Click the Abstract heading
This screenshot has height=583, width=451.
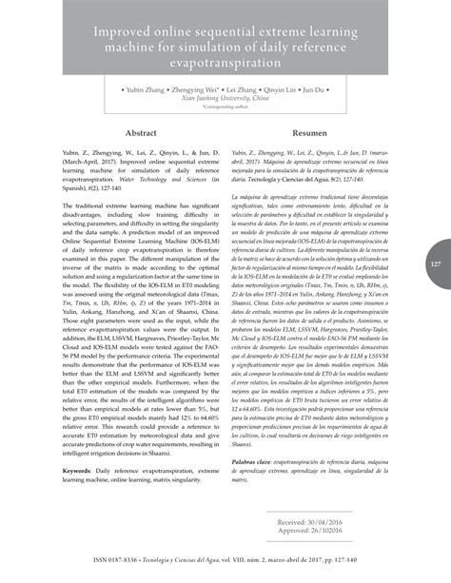[x=141, y=135]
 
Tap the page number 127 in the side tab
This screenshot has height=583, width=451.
[x=434, y=263]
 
